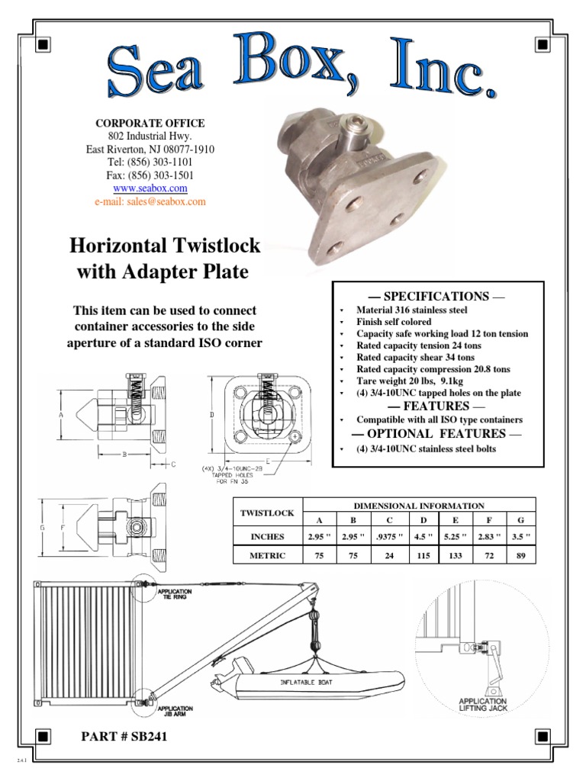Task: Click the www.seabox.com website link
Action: click(x=150, y=188)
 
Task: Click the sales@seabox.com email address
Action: click(x=150, y=201)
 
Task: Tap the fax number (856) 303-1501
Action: click(x=150, y=175)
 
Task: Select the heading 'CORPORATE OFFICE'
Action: click(x=150, y=123)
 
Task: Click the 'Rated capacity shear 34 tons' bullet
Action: click(x=415, y=357)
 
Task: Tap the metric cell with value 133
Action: click(x=456, y=555)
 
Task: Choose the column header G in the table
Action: click(x=520, y=519)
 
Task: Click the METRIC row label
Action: click(x=267, y=555)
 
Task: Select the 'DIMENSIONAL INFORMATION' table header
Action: click(x=419, y=505)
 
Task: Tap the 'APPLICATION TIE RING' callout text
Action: click(x=175, y=594)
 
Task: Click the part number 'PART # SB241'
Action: click(x=124, y=737)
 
